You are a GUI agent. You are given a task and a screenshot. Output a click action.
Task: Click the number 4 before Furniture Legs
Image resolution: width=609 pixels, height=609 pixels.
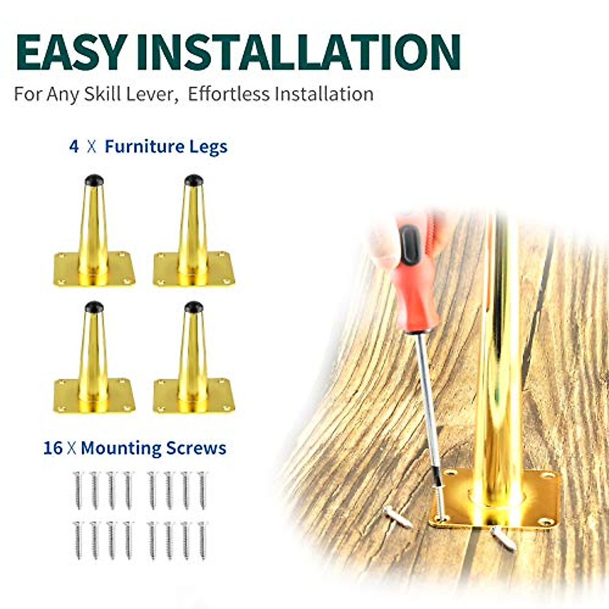(x=74, y=147)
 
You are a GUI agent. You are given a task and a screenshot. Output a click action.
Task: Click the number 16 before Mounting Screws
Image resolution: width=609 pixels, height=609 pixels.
(x=53, y=448)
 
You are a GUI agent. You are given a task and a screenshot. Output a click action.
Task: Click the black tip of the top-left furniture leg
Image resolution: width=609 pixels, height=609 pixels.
(x=94, y=180)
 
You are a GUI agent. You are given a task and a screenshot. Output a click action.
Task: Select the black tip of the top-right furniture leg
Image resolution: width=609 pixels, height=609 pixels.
(x=194, y=180)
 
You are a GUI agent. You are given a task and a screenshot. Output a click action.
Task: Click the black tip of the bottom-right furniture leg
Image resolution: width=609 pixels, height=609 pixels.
(x=194, y=307)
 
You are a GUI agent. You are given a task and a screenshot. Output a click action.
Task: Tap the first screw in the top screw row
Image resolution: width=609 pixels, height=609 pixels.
(x=78, y=490)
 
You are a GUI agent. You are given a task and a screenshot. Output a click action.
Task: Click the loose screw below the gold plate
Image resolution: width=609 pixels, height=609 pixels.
(x=503, y=538)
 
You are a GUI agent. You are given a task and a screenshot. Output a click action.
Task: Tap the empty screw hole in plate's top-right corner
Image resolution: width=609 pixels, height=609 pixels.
(x=548, y=476)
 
